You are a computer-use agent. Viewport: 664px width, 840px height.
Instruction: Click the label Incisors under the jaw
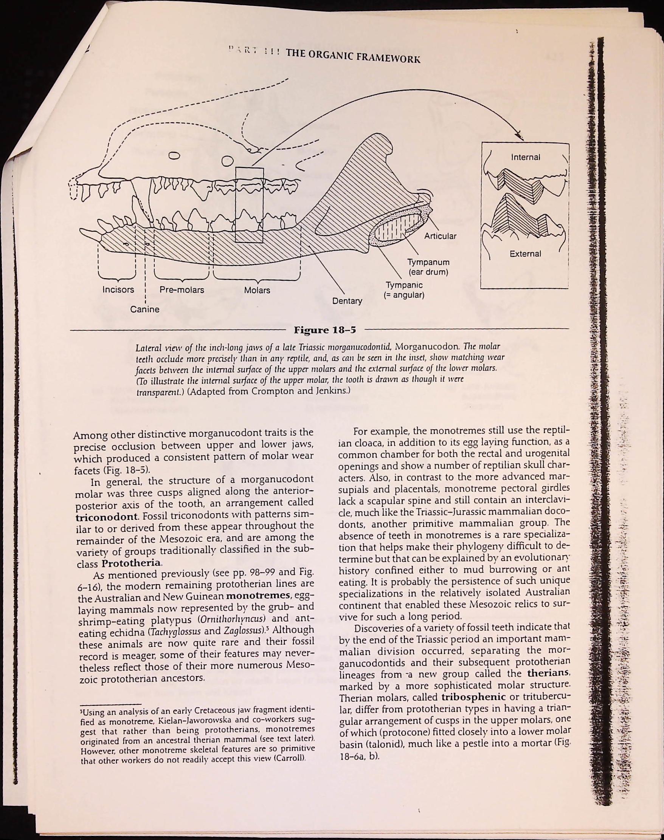[118, 290]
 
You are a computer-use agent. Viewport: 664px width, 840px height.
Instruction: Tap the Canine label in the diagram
[144, 309]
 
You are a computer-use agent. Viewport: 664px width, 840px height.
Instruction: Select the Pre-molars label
[182, 290]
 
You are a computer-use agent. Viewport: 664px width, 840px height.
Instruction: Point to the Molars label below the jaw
[257, 290]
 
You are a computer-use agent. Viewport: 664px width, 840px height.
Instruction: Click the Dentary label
[347, 301]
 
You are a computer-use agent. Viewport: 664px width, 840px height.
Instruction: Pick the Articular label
[440, 236]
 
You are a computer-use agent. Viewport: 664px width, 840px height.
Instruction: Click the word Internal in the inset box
[526, 157]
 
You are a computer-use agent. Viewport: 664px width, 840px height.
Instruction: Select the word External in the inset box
[525, 254]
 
